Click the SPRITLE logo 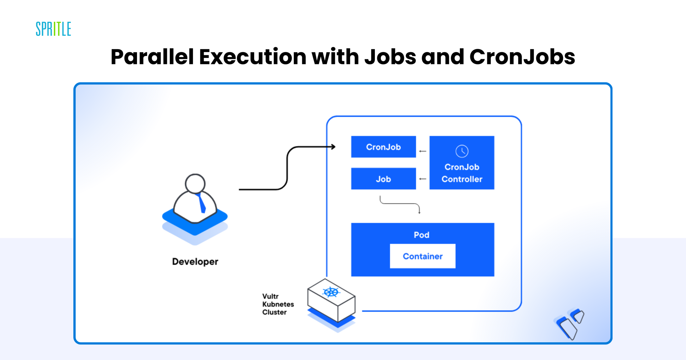53,29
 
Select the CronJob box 383,147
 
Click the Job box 383,179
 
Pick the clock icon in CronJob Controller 462,151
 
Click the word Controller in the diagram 462,179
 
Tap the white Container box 422,256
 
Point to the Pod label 421,235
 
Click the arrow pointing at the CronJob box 423,151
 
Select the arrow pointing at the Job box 423,179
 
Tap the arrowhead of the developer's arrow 333,147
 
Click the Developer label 195,262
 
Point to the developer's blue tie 202,203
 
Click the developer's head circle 195,184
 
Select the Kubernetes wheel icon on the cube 331,292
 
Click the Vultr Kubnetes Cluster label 278,304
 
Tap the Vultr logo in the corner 570,323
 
